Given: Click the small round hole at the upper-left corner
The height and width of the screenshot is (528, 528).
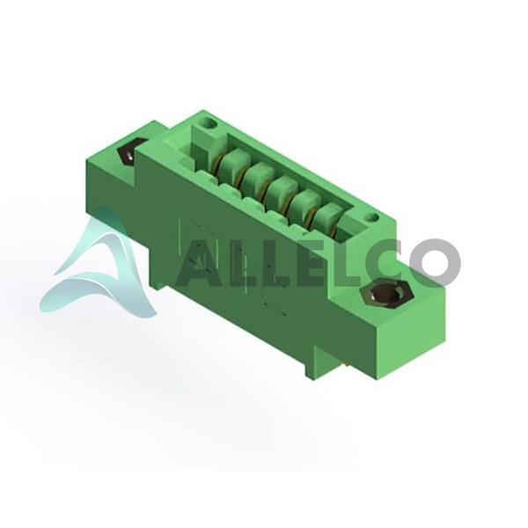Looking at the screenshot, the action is (209, 123).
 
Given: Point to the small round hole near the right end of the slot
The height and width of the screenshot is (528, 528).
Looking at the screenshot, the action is (371, 217).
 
